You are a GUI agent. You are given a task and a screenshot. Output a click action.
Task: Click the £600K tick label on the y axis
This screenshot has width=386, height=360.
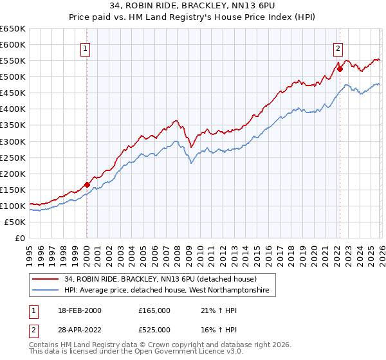point(13,44)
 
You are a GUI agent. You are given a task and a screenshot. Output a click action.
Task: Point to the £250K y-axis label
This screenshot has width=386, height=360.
point(13,157)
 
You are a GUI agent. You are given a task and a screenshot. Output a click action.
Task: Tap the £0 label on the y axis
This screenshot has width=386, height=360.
point(19,238)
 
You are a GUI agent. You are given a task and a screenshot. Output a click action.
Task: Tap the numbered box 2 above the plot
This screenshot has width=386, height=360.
point(338,47)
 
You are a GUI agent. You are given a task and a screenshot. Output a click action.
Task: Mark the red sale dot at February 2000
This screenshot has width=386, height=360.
point(87,184)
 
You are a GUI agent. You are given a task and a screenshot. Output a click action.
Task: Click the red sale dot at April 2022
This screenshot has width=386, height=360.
point(340,69)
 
